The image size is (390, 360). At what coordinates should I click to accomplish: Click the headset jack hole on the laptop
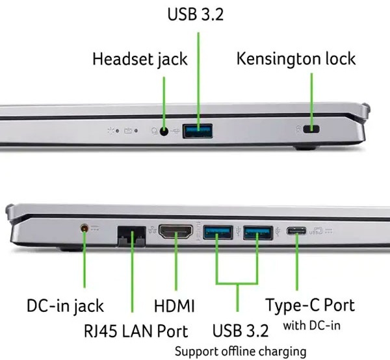164,131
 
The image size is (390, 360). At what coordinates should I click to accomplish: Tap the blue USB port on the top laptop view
198,131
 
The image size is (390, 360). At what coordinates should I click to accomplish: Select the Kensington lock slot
311,129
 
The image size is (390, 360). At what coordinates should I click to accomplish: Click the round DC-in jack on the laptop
84,228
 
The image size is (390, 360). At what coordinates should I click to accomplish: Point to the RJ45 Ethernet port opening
131,236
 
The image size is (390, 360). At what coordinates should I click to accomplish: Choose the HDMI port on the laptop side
176,232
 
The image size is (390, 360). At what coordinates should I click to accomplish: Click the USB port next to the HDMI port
218,232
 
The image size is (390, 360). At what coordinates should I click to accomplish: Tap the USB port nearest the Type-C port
258,233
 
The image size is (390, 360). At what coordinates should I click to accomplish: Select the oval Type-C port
296,231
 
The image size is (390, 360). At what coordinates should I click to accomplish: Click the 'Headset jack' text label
140,59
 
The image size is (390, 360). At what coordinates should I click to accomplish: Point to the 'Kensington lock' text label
296,58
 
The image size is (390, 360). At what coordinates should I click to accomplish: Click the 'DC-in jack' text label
65,306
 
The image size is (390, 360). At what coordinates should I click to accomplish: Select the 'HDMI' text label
174,306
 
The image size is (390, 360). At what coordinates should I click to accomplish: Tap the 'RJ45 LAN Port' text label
136,331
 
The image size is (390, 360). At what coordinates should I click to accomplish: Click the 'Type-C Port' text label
310,305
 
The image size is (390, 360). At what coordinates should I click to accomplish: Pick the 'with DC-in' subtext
311,326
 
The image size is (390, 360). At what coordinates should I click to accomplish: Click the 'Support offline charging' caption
240,352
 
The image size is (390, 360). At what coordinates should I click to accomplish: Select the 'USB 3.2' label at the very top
196,14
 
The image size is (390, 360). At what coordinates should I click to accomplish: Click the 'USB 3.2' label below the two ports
240,331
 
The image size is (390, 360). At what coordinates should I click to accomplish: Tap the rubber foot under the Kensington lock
305,148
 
